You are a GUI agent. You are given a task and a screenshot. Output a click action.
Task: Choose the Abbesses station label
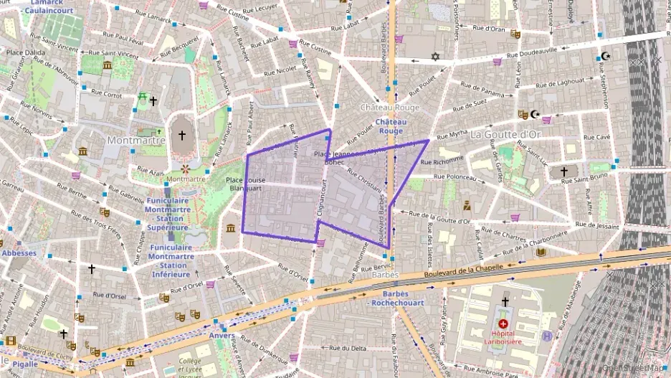(x=18, y=252)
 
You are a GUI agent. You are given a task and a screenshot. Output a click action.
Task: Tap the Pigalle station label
(x=24, y=364)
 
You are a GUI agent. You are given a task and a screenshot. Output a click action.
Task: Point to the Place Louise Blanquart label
(x=245, y=184)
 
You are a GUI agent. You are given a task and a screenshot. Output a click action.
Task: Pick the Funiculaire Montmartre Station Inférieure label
(x=172, y=260)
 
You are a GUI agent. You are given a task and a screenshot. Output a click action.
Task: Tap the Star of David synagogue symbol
(x=434, y=56)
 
